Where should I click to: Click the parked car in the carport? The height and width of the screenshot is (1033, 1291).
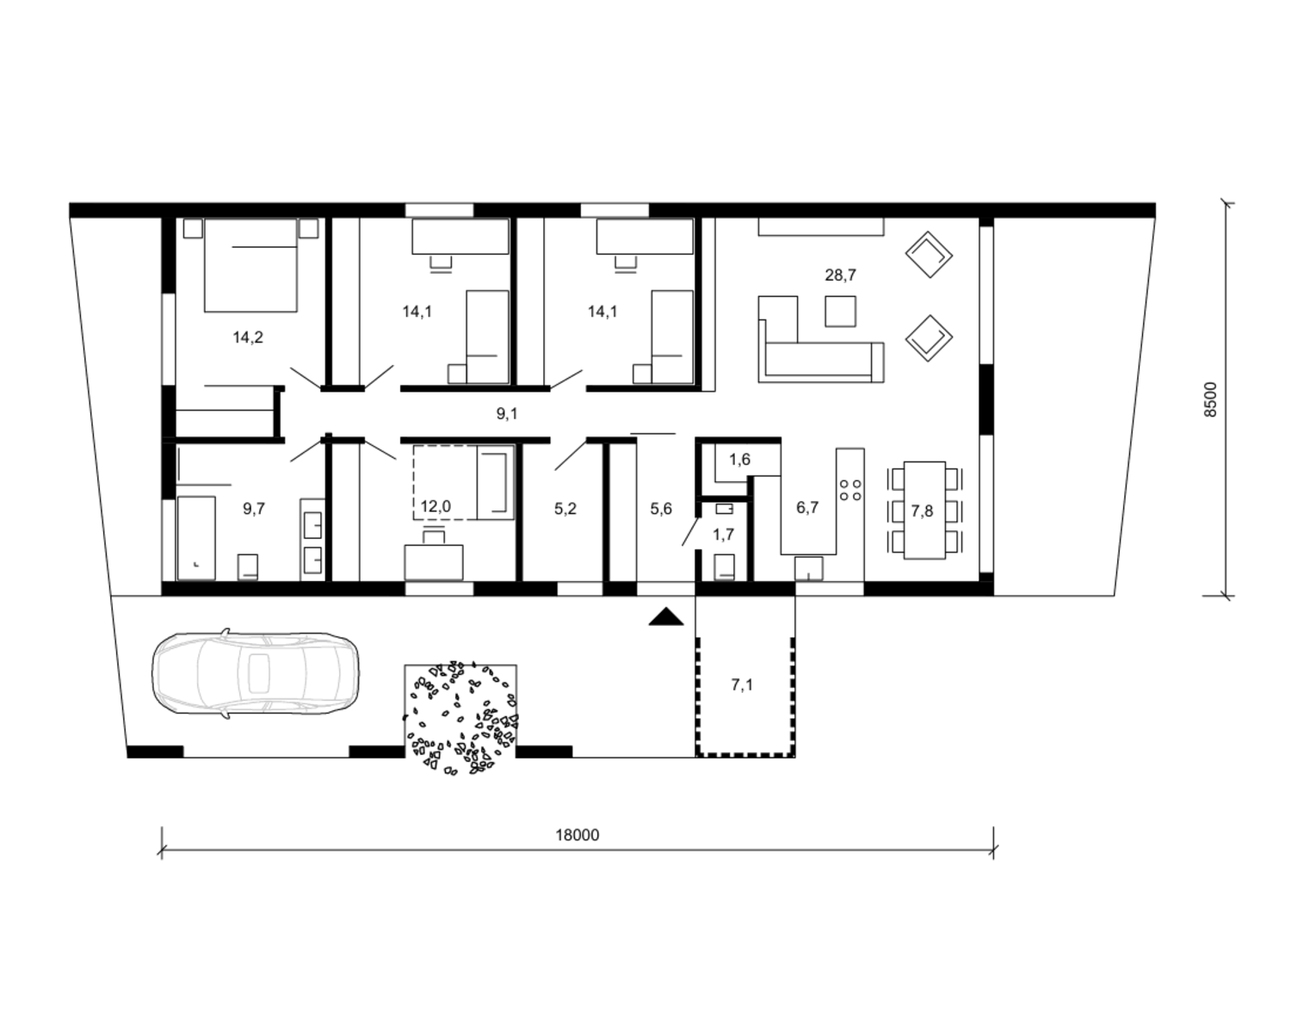[x=256, y=672]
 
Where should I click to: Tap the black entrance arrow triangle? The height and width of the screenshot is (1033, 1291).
[x=666, y=617]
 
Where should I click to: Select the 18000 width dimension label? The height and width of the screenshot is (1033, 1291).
[x=578, y=836]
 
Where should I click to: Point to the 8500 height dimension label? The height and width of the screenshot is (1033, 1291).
[x=1211, y=399]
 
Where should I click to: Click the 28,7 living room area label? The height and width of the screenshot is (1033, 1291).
[x=841, y=275]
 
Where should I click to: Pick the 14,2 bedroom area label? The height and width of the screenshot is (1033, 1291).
[x=248, y=337]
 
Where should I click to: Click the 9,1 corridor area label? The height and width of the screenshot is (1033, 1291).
[x=507, y=413]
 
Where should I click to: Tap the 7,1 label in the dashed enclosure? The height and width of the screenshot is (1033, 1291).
[x=742, y=685]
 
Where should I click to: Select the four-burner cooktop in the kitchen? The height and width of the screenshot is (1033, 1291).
[x=850, y=490]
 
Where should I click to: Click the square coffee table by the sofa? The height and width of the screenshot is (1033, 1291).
[x=840, y=312]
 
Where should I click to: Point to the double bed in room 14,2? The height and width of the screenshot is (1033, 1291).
[x=250, y=264]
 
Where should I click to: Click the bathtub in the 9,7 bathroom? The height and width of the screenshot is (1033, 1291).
[x=197, y=538]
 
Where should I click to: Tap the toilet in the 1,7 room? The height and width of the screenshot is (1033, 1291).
[x=724, y=566]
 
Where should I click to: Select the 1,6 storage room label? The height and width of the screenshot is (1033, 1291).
[x=739, y=460]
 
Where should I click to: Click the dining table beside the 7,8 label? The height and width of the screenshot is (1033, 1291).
[x=924, y=510]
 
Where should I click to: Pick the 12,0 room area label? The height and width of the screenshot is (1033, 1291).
[x=435, y=506]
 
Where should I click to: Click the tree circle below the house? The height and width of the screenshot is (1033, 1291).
[x=460, y=718]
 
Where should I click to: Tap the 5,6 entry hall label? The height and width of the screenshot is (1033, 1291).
[x=661, y=509]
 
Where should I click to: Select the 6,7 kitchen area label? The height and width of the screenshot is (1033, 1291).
[x=807, y=508]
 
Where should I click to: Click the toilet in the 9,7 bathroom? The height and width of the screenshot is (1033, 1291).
[x=249, y=566]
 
